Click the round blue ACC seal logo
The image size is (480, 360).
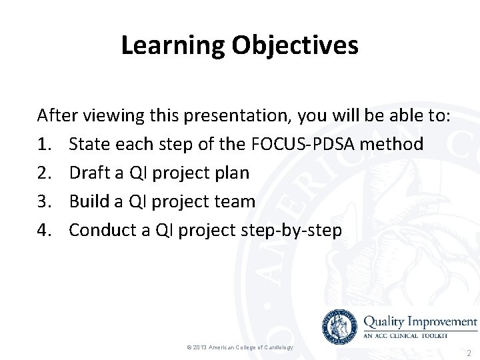339,327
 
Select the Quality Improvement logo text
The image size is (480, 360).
420,321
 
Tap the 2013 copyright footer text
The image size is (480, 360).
239,348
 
